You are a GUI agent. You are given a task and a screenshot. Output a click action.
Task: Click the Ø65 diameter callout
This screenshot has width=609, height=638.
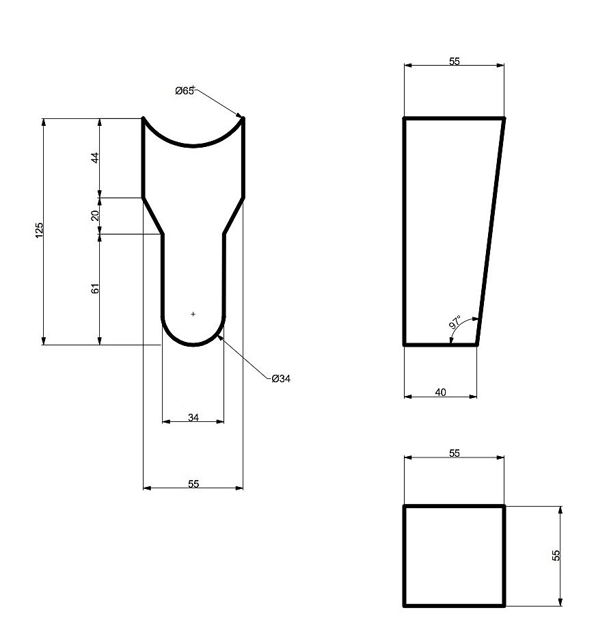click(185, 91)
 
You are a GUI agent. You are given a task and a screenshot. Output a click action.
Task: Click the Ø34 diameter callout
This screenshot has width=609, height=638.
click(281, 378)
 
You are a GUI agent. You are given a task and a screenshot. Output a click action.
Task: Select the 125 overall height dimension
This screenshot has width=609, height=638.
click(39, 230)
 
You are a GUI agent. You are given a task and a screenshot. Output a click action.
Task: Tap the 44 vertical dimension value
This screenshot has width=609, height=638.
click(95, 157)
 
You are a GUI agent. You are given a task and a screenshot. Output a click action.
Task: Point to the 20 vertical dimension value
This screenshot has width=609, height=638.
click(95, 215)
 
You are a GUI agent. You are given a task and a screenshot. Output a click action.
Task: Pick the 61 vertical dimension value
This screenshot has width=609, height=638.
click(95, 289)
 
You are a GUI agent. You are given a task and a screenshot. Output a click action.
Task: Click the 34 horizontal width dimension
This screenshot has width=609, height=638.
click(193, 417)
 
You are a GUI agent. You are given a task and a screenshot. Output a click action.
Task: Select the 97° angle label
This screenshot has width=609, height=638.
click(455, 321)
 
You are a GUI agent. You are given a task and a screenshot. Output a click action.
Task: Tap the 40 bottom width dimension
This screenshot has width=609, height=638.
click(441, 393)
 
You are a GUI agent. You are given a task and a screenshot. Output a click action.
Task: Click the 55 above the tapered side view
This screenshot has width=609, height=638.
click(455, 61)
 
